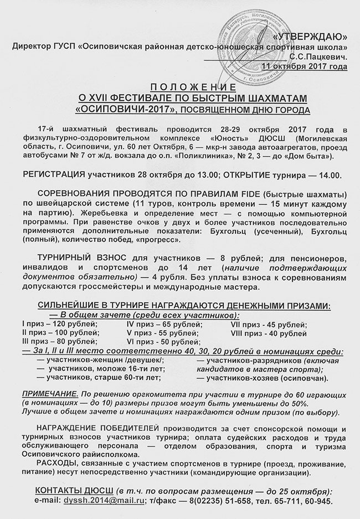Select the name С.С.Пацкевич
point(318,56)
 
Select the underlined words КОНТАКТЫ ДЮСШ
point(71,491)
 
